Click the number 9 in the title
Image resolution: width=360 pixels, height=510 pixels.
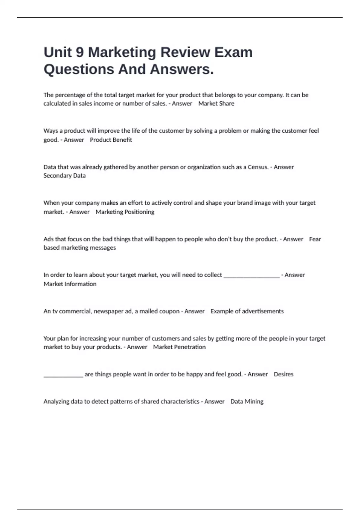point(79,52)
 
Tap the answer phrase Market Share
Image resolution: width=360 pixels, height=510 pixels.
point(216,103)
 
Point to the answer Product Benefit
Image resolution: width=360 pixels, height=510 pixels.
point(111,140)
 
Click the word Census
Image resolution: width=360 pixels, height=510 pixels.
point(258,167)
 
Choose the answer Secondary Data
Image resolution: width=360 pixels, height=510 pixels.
point(64,175)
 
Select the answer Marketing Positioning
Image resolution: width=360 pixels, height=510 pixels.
point(125,212)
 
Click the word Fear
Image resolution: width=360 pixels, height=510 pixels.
point(315,239)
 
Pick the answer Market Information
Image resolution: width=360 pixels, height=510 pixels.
point(70,284)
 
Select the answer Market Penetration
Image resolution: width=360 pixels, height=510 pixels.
point(179,347)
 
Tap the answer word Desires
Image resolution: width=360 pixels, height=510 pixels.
point(283,374)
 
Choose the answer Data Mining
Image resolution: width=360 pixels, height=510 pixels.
point(247,401)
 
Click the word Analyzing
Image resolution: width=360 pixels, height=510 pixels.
point(56,401)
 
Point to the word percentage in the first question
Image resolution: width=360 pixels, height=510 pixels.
point(71,95)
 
